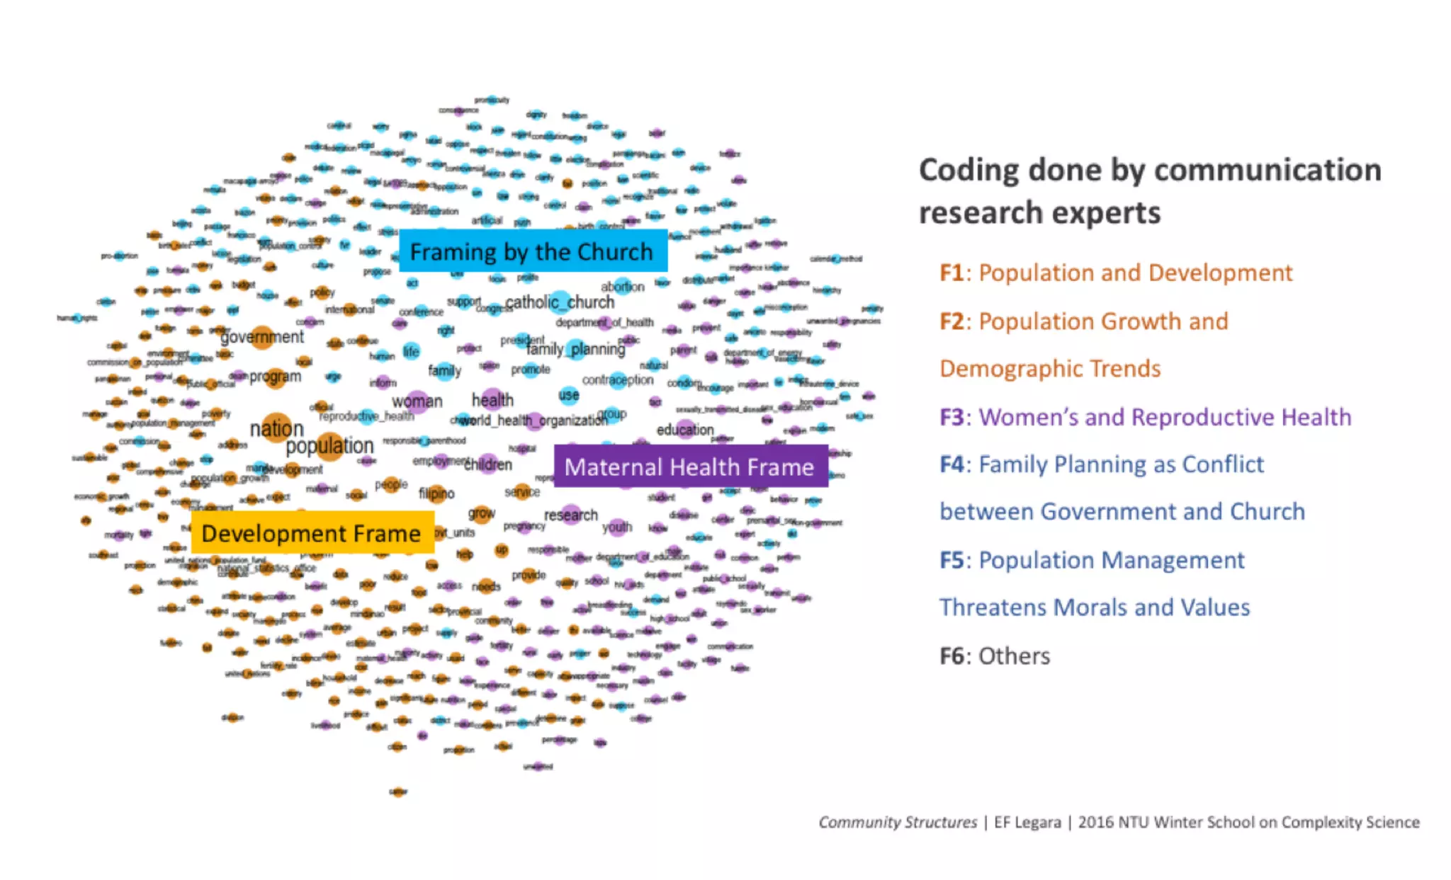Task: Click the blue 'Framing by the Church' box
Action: [533, 251]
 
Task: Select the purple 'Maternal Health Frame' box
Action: [690, 467]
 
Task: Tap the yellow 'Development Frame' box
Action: [312, 532]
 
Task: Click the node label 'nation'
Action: [277, 429]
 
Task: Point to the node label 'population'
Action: [329, 446]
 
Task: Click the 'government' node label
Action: [262, 337]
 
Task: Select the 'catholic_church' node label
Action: [560, 302]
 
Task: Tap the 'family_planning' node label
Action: [576, 349]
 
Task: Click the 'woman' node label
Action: [417, 401]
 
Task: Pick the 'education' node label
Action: [684, 430]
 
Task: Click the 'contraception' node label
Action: [617, 380]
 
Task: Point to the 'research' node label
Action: [571, 515]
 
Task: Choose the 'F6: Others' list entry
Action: [995, 656]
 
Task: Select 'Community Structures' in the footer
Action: [897, 822]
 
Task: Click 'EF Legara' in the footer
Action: [1027, 822]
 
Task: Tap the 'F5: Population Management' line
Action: [1092, 560]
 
